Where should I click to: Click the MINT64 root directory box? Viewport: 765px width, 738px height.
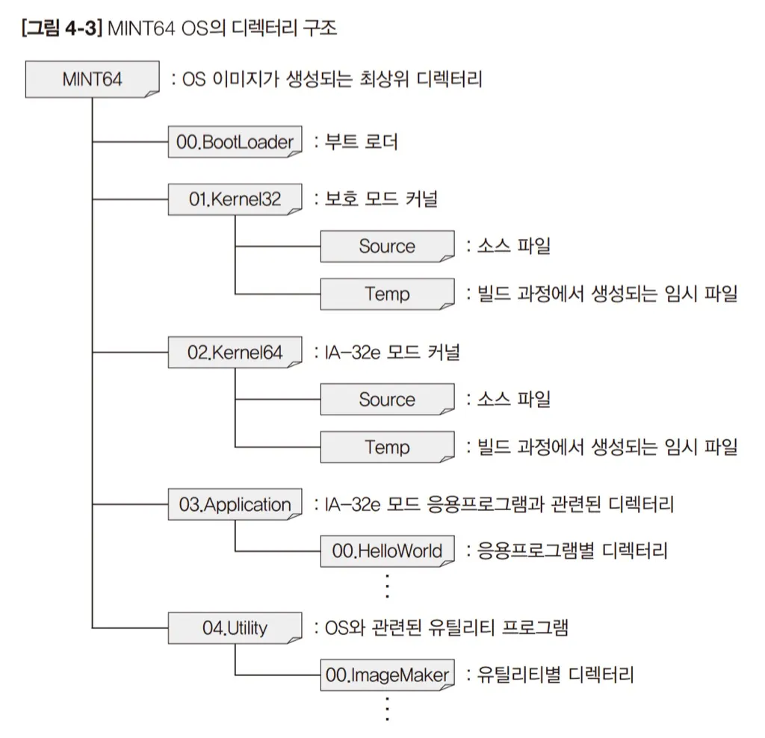coord(92,79)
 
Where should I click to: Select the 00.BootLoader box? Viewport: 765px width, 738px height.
coord(235,141)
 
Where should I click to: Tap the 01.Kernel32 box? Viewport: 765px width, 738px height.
coord(235,199)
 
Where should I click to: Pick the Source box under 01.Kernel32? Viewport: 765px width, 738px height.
coord(388,246)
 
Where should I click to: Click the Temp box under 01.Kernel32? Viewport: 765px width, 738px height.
coord(388,294)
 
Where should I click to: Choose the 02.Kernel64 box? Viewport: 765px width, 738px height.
coord(235,352)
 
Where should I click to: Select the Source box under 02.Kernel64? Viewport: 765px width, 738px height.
coord(388,400)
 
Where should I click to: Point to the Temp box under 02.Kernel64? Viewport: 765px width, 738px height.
coord(388,447)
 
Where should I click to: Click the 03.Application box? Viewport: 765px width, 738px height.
coord(235,504)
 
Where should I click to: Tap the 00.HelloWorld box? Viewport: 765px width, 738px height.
coord(388,551)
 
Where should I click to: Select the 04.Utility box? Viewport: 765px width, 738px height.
coord(235,627)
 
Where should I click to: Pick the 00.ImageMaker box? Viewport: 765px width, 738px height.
coord(388,675)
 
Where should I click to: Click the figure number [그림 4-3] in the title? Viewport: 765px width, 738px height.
coord(62,28)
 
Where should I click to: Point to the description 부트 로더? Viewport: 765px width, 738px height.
coord(362,141)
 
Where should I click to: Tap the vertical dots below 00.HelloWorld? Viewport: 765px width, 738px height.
coord(388,586)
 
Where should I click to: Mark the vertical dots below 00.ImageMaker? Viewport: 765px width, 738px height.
coord(388,709)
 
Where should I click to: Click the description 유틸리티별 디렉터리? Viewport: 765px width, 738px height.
coord(555,675)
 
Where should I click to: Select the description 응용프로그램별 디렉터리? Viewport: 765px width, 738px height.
coord(572,551)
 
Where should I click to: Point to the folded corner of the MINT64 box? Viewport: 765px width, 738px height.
coord(152,93)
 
